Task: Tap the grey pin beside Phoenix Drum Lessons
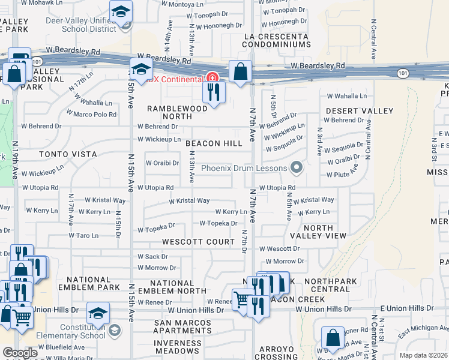pos(295,168)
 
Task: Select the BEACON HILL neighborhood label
pos(214,143)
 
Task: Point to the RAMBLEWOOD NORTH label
pos(178,112)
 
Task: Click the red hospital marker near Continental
pos(211,77)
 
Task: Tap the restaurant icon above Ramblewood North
pos(214,91)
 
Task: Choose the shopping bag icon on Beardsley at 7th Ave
pos(240,71)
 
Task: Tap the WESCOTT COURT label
pos(198,242)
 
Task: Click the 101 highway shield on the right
pos(402,73)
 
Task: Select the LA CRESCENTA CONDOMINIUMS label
pos(276,41)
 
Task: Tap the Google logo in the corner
pos(19,353)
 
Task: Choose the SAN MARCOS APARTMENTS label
pos(182,326)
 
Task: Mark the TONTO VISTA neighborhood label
pos(68,154)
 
